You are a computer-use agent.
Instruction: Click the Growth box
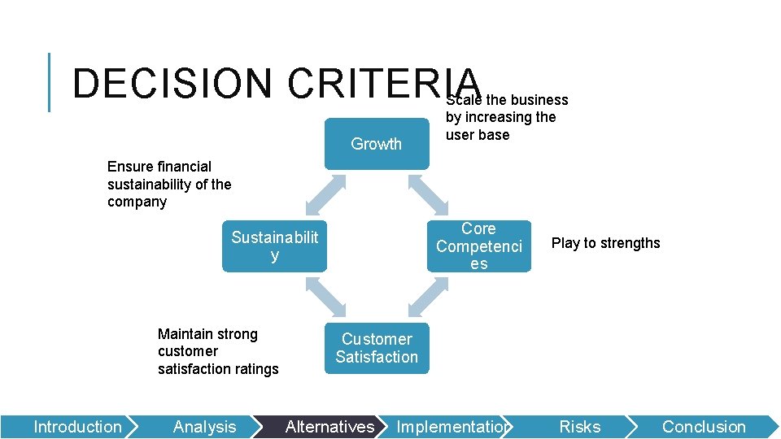[376, 144]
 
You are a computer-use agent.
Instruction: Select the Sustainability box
[274, 246]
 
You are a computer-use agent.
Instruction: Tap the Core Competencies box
[478, 246]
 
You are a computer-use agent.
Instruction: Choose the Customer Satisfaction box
[376, 348]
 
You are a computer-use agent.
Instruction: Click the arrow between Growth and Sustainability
[325, 195]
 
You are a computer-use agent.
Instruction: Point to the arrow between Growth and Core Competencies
[427, 195]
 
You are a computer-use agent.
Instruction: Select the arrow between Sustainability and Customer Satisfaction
[325, 297]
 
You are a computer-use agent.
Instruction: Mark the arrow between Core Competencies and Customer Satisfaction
[427, 297]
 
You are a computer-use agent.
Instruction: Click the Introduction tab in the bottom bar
[77, 427]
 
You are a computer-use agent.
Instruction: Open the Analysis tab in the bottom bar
[204, 427]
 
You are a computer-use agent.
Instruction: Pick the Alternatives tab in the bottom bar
[329, 427]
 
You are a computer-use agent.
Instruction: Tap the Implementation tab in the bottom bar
[452, 427]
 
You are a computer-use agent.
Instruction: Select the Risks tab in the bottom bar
[579, 427]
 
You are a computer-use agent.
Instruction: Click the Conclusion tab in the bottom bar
[703, 427]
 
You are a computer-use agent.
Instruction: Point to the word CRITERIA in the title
[382, 84]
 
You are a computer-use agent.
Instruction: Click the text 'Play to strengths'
[605, 243]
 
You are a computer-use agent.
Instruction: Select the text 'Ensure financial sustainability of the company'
[169, 184]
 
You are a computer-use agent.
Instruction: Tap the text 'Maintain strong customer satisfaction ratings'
[217, 351]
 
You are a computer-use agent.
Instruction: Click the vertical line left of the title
[50, 82]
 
